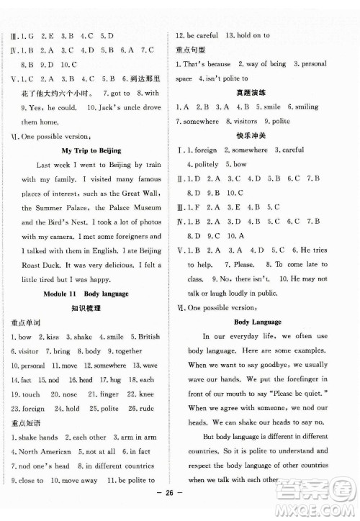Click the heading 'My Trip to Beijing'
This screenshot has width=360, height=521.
91,150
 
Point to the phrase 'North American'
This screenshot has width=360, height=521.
45,451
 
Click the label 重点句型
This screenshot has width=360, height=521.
190,50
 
